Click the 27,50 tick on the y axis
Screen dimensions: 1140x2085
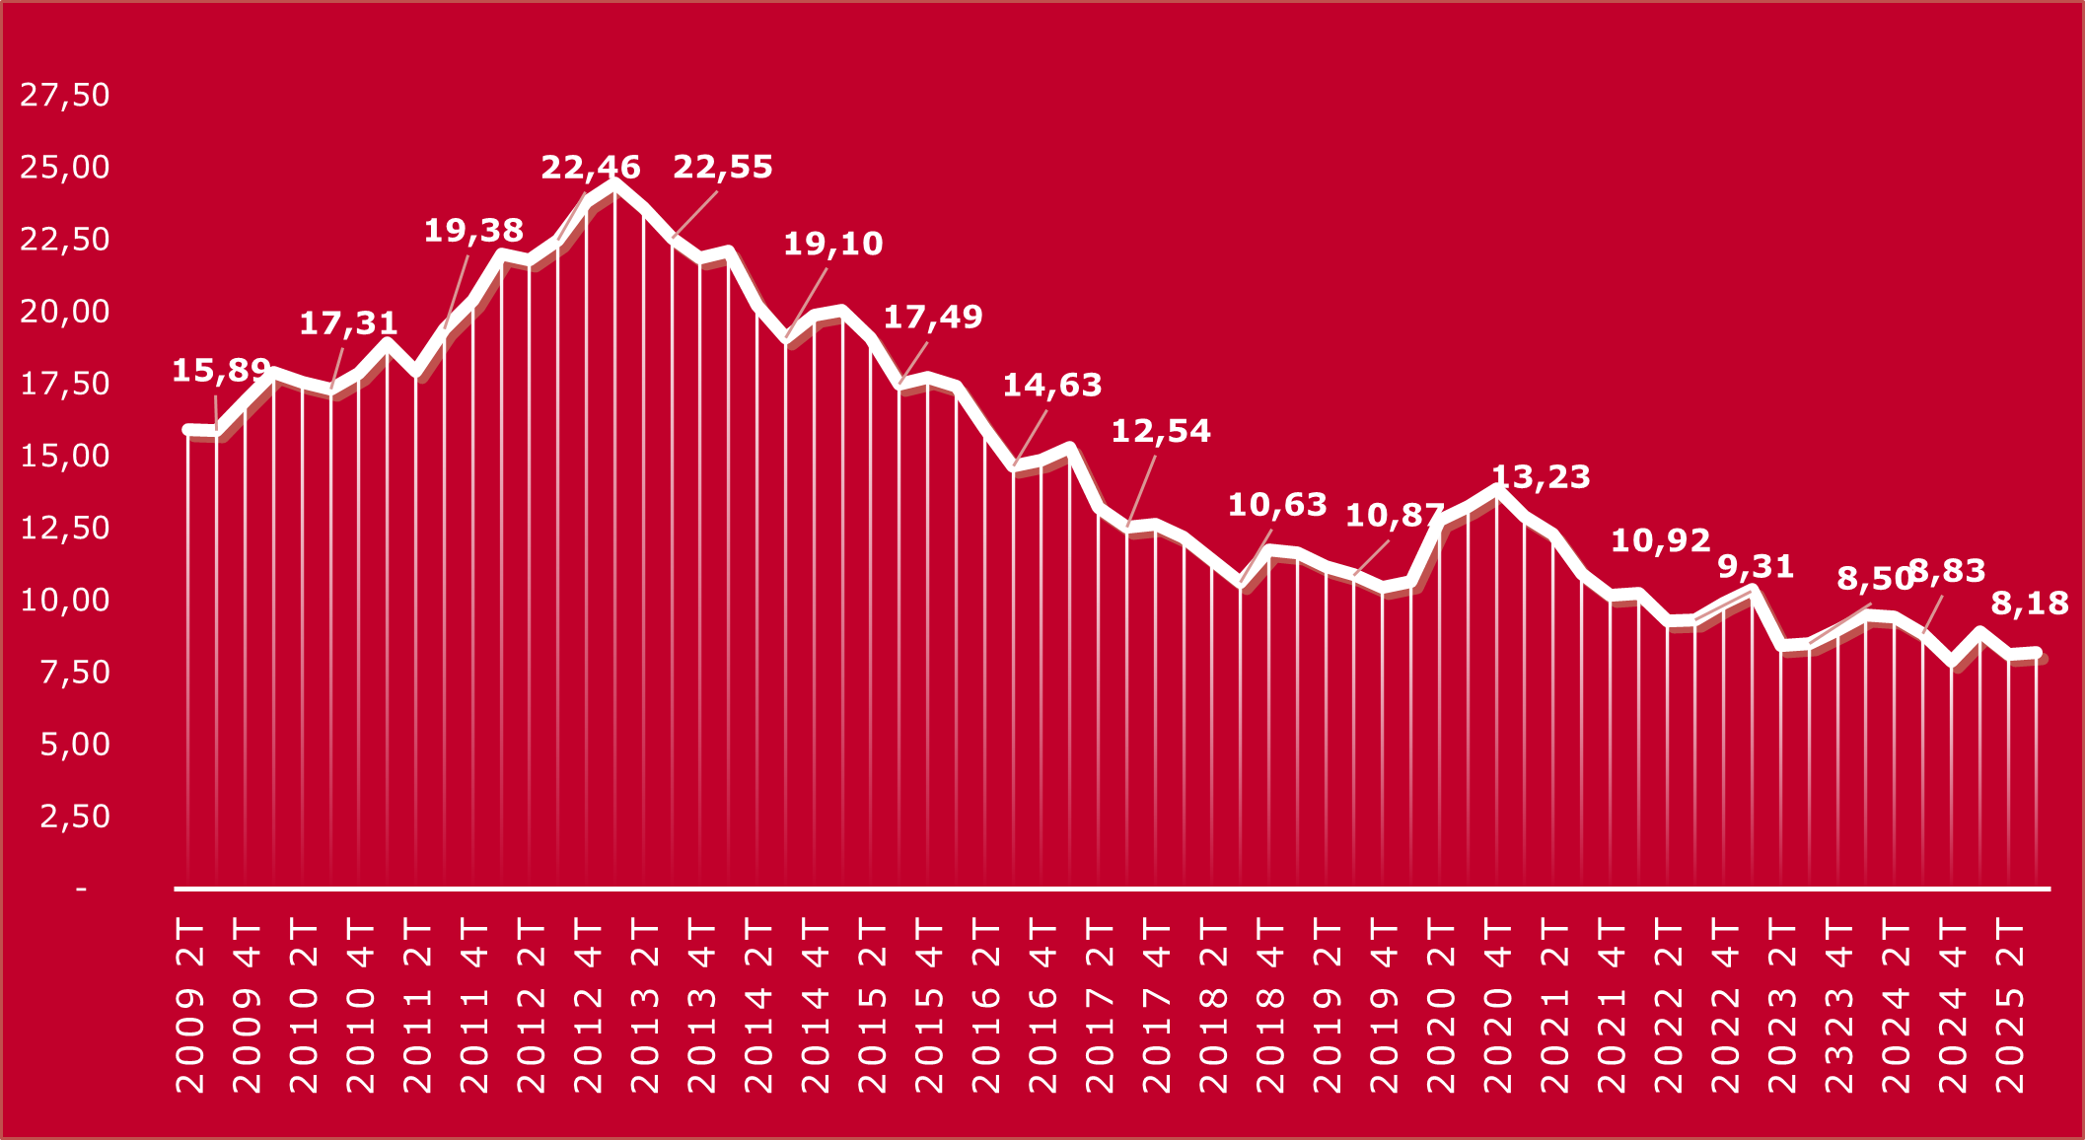point(65,95)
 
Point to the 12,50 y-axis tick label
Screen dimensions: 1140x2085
point(65,528)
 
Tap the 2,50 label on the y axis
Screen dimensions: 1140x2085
point(74,817)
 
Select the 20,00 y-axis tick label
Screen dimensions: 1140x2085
point(65,312)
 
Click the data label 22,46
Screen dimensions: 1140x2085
point(590,168)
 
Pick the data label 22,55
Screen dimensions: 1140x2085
point(723,168)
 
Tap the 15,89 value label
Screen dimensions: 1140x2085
point(221,371)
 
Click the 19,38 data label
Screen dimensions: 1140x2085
point(473,231)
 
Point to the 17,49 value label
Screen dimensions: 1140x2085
point(932,318)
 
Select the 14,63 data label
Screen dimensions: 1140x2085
point(1052,386)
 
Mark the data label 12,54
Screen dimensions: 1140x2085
point(1161,431)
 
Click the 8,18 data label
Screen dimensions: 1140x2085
point(2030,604)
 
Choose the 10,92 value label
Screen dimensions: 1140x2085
point(1660,540)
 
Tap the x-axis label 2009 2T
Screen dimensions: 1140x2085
point(190,1006)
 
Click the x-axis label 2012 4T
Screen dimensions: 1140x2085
point(589,1006)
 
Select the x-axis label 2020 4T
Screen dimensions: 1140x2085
point(1498,1006)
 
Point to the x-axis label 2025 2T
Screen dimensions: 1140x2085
point(2010,1006)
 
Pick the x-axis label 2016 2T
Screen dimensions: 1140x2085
point(986,1006)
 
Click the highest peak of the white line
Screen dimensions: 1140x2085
point(614,183)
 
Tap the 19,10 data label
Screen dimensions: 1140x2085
point(832,244)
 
